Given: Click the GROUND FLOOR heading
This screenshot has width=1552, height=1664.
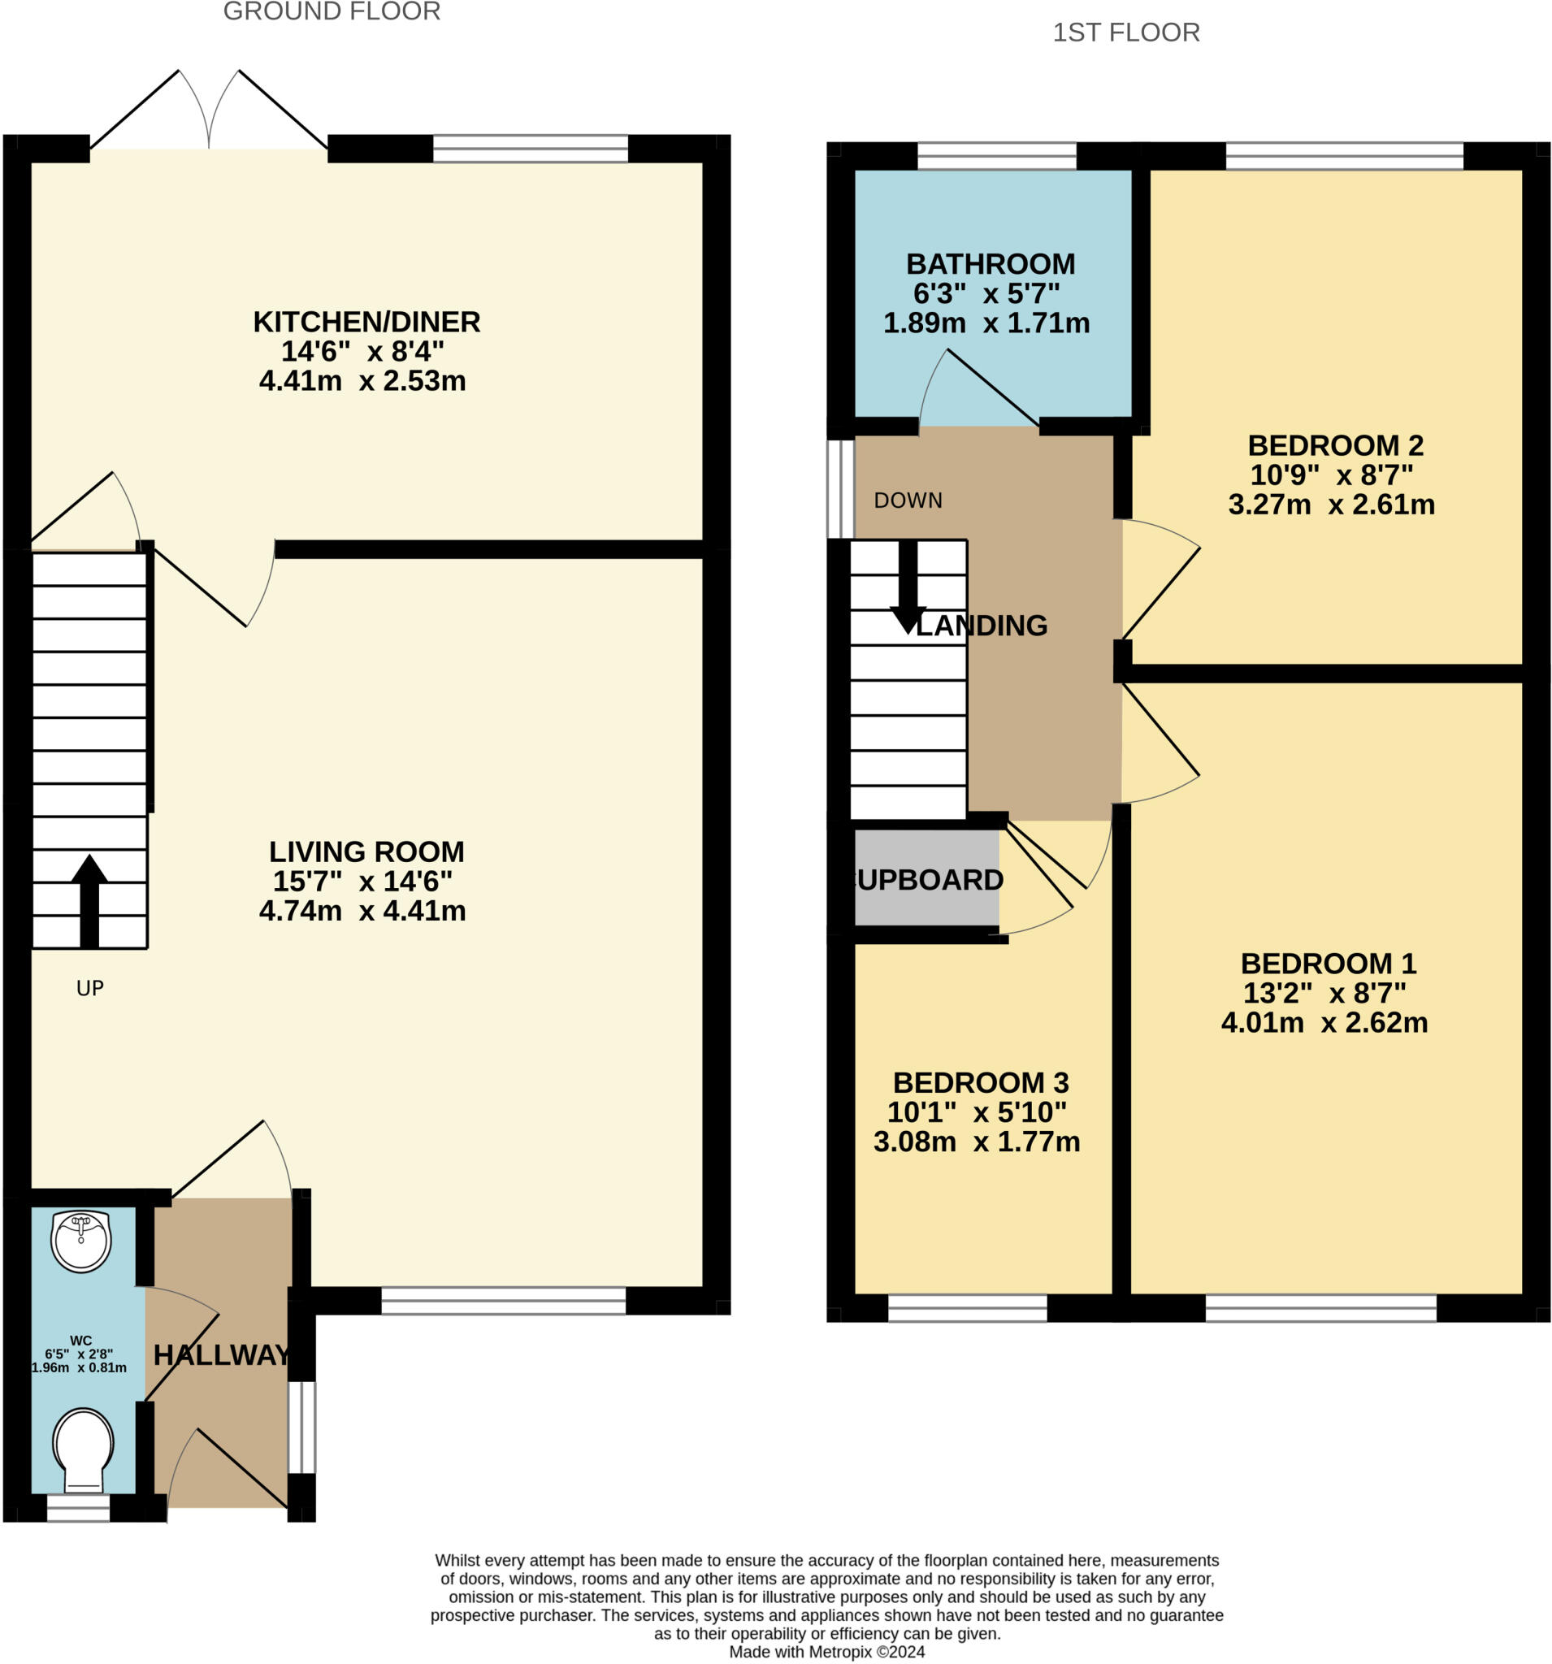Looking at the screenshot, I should (x=332, y=11).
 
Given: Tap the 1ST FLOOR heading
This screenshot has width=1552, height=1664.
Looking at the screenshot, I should (x=1125, y=32).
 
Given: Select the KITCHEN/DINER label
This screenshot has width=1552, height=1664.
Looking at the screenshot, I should (x=366, y=322).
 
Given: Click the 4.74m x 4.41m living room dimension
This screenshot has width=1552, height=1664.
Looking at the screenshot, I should (x=362, y=911).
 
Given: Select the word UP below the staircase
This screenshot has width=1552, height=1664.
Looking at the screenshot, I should (x=89, y=989).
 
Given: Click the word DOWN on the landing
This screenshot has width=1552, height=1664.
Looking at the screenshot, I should (x=908, y=500).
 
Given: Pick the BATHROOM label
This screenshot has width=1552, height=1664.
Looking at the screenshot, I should (x=991, y=265).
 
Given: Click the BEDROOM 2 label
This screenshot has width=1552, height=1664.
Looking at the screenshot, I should (x=1335, y=445).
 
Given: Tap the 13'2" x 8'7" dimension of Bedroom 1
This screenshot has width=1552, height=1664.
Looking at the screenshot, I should (x=1324, y=993).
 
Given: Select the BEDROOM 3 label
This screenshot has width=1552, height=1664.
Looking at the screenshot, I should (x=980, y=1083).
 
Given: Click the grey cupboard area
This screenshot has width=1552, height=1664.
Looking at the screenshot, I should (x=926, y=879).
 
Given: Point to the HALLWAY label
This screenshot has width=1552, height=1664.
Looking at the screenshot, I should (x=222, y=1355).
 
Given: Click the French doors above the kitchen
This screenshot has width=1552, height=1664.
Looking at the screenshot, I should (x=209, y=113).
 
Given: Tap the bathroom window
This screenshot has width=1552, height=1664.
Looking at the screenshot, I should (x=996, y=156).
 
